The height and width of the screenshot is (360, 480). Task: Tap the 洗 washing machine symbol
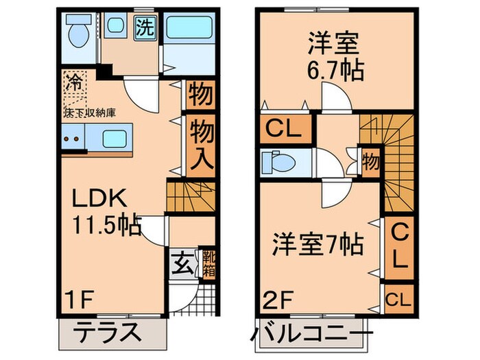(144, 29)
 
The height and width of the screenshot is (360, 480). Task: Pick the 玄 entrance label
(180, 262)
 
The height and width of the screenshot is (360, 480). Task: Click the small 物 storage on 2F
(370, 163)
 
